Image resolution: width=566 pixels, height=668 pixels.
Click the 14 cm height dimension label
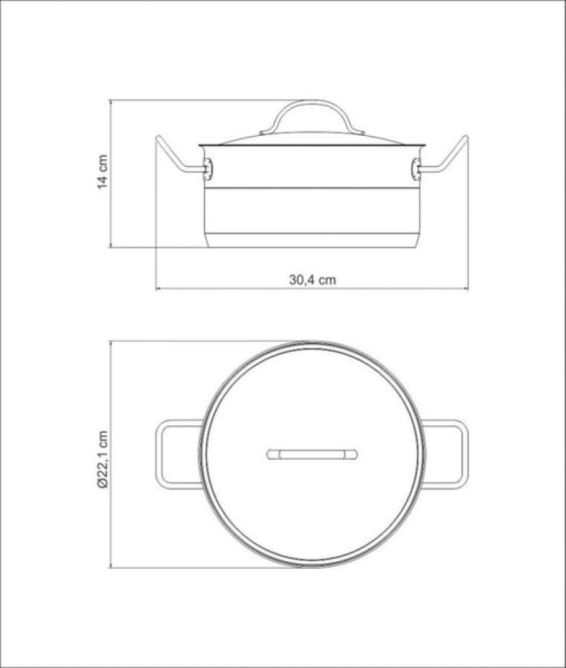click(103, 172)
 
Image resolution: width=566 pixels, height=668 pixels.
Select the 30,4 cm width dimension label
click(312, 280)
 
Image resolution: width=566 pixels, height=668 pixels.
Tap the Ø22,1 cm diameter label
click(103, 459)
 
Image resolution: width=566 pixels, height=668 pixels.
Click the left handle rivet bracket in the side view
click(207, 168)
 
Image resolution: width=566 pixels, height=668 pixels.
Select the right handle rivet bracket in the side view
click(417, 168)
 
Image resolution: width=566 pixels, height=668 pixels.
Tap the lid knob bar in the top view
click(312, 454)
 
